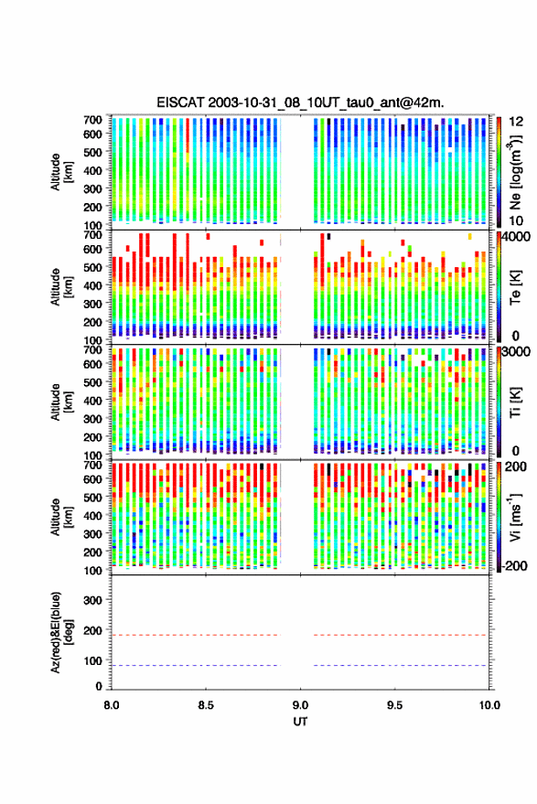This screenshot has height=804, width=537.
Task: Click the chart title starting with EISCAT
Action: point(300,102)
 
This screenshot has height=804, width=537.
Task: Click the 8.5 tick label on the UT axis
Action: point(206,705)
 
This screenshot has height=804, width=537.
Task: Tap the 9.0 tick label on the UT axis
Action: point(300,705)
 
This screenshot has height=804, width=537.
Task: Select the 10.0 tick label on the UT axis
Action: point(489,705)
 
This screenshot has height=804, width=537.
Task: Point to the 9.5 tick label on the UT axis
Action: point(394,705)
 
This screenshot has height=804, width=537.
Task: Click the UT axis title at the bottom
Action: point(300,722)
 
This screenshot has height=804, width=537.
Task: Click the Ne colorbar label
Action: point(515,172)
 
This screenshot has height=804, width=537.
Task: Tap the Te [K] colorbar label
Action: point(515,287)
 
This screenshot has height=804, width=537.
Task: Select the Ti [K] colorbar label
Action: point(515,402)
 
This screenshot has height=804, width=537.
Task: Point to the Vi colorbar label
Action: point(515,517)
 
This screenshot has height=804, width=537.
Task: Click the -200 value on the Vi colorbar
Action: point(514,566)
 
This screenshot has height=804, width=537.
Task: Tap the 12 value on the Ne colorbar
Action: point(517,122)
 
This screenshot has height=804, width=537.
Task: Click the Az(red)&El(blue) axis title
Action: point(61,633)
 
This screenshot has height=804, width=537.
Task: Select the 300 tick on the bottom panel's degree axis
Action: point(92,600)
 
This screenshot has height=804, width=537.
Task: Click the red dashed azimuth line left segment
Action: point(196,636)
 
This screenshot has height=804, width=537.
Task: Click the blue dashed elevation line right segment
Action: point(400,666)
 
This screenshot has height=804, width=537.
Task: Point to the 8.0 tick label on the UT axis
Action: point(112,705)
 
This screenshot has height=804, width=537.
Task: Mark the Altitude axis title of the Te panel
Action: point(61,286)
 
